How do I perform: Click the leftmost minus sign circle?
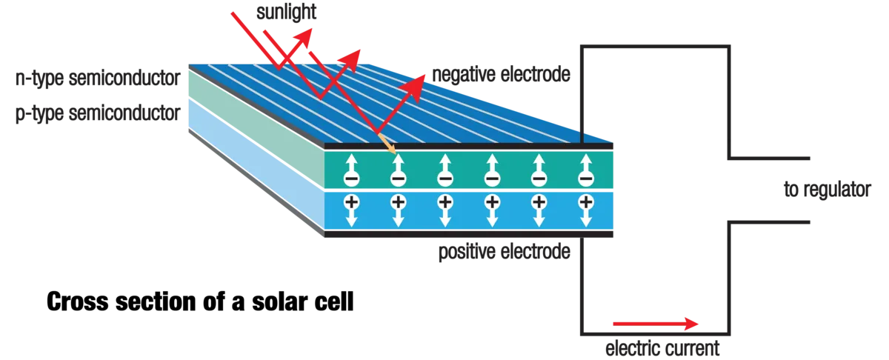pos(350,179)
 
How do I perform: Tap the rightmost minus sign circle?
pos(586,179)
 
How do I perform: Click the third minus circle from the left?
pos(444,179)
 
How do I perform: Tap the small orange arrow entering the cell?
pos(387,144)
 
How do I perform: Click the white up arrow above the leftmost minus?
pos(350,161)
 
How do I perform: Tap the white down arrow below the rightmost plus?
pos(586,218)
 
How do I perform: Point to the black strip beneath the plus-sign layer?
pos(470,236)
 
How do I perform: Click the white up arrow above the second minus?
pos(398,161)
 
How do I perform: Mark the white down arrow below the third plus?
pos(444,218)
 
